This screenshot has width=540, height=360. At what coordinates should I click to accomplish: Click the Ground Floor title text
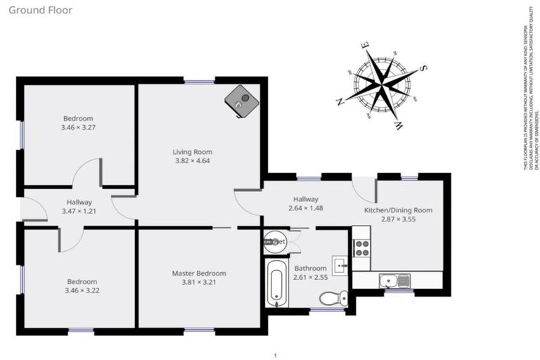(40, 11)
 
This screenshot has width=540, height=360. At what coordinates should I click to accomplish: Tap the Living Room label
(193, 151)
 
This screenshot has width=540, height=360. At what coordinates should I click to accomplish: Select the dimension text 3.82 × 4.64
(193, 160)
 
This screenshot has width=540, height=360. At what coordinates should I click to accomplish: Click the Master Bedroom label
(199, 273)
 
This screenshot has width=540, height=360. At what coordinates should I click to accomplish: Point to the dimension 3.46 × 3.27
(78, 129)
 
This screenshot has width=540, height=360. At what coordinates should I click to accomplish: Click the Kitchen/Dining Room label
(398, 210)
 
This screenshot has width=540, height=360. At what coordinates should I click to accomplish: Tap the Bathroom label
(310, 268)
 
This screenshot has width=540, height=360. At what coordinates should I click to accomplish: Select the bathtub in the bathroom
(276, 283)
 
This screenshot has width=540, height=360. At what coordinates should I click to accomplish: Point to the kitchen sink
(394, 281)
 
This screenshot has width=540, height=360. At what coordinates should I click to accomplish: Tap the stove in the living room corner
(240, 101)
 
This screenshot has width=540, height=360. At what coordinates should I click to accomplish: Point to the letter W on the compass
(398, 125)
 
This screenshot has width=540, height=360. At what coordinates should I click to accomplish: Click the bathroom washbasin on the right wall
(340, 265)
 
